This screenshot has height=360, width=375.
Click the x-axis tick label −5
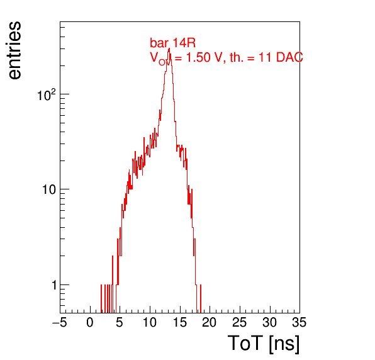(x=59, y=323)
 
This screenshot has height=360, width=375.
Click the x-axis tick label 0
(x=90, y=323)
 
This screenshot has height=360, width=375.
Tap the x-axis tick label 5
(x=120, y=323)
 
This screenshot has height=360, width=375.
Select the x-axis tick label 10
(x=150, y=323)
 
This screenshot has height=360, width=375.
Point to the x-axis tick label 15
(x=179, y=323)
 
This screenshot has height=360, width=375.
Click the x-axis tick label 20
(x=210, y=323)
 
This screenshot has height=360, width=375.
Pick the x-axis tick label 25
(x=239, y=323)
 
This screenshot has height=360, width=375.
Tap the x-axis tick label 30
(x=269, y=323)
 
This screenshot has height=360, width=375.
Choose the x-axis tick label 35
(x=299, y=323)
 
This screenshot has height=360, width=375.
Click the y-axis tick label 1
(x=54, y=285)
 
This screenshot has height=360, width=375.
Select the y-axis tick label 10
(x=49, y=189)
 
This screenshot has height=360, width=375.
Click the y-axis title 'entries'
(x=15, y=50)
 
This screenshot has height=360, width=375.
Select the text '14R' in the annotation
(x=184, y=43)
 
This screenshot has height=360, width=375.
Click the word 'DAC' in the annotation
(x=289, y=57)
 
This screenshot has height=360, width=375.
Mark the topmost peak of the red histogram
(x=169, y=48)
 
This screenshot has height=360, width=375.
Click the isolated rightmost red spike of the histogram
(x=201, y=298)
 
